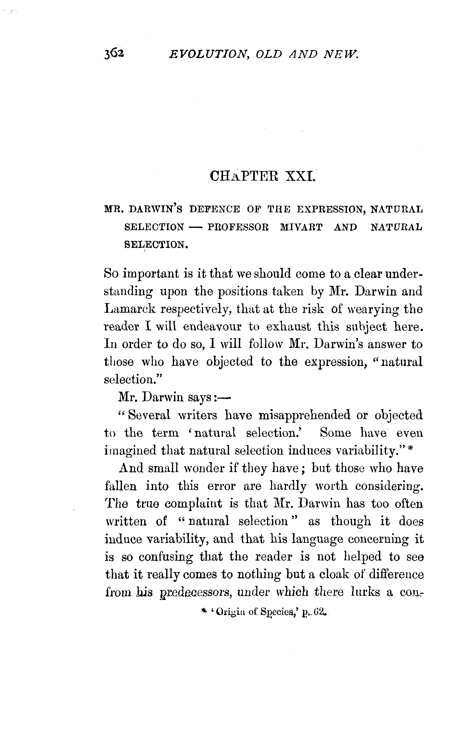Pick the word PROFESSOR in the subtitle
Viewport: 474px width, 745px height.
point(238,227)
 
